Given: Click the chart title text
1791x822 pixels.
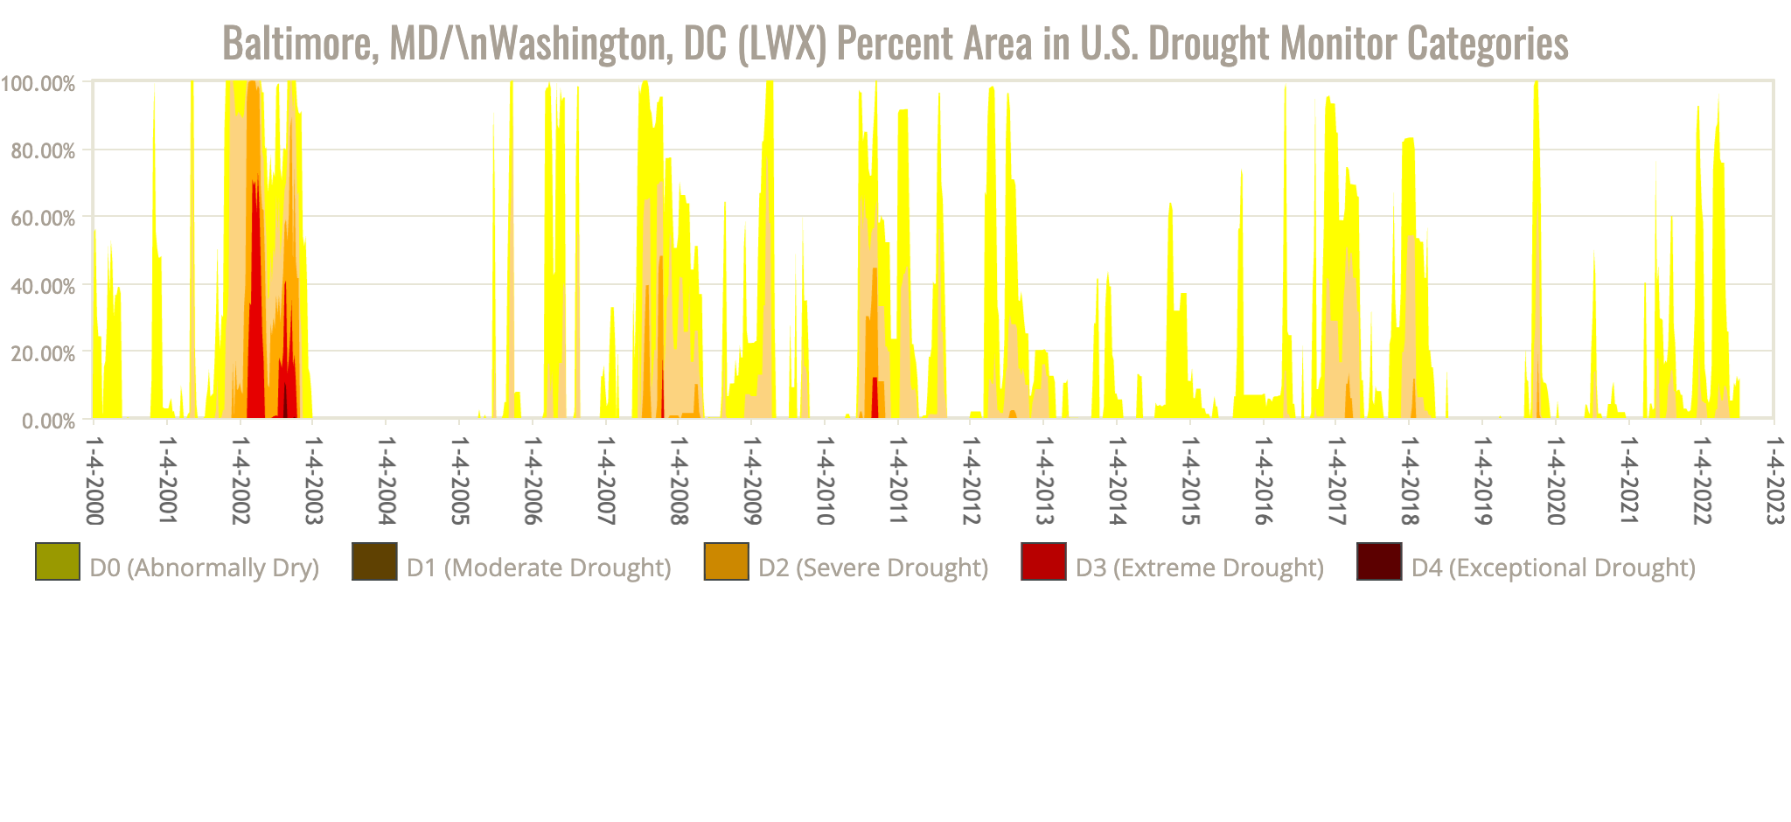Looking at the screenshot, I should tap(895, 43).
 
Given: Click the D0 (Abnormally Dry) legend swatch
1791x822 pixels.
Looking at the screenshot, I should tap(58, 561).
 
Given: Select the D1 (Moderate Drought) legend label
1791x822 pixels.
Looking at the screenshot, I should tap(538, 568).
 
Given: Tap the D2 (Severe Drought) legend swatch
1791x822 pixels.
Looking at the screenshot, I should tap(726, 561).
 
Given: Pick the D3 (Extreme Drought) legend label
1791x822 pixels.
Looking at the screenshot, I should tap(1199, 568).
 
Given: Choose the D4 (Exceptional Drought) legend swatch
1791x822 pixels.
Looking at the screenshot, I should tap(1379, 561).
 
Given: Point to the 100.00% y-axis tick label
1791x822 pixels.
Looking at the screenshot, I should tap(38, 84).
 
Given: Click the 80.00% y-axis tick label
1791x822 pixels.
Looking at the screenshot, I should tap(43, 151).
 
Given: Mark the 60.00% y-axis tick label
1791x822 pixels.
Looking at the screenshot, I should tap(43, 219).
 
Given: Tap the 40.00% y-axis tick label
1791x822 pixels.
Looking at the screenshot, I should tap(43, 286).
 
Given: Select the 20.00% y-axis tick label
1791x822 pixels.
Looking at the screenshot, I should tap(43, 353).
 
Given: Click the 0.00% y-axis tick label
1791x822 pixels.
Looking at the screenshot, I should tap(47, 421).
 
